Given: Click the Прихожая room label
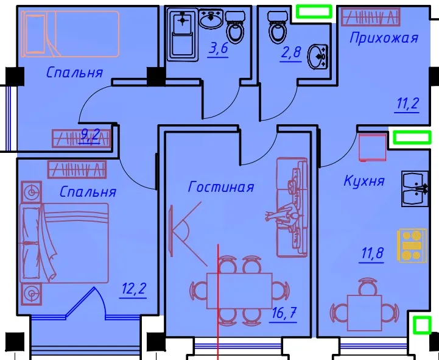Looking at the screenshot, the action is [x=384, y=38].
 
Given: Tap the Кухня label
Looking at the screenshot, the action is [x=364, y=180].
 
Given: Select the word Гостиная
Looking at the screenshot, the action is [x=221, y=186].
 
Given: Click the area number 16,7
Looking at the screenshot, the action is [x=284, y=312].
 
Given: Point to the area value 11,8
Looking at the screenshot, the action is [x=372, y=253].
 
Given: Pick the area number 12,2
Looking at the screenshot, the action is [x=134, y=289].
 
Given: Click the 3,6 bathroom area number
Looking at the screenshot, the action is [x=219, y=48].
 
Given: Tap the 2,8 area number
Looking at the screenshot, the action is [x=291, y=52].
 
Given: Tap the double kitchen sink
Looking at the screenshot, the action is [x=415, y=189].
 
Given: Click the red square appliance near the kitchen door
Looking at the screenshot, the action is [x=373, y=147].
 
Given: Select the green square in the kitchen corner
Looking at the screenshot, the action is [x=422, y=325].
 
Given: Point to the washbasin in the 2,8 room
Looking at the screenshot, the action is [x=317, y=57].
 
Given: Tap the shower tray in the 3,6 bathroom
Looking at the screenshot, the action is [x=183, y=35].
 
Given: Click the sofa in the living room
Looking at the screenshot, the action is [x=292, y=207].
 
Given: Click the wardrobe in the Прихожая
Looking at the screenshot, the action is [x=371, y=17].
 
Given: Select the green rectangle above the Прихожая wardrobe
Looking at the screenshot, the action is [x=314, y=12].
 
